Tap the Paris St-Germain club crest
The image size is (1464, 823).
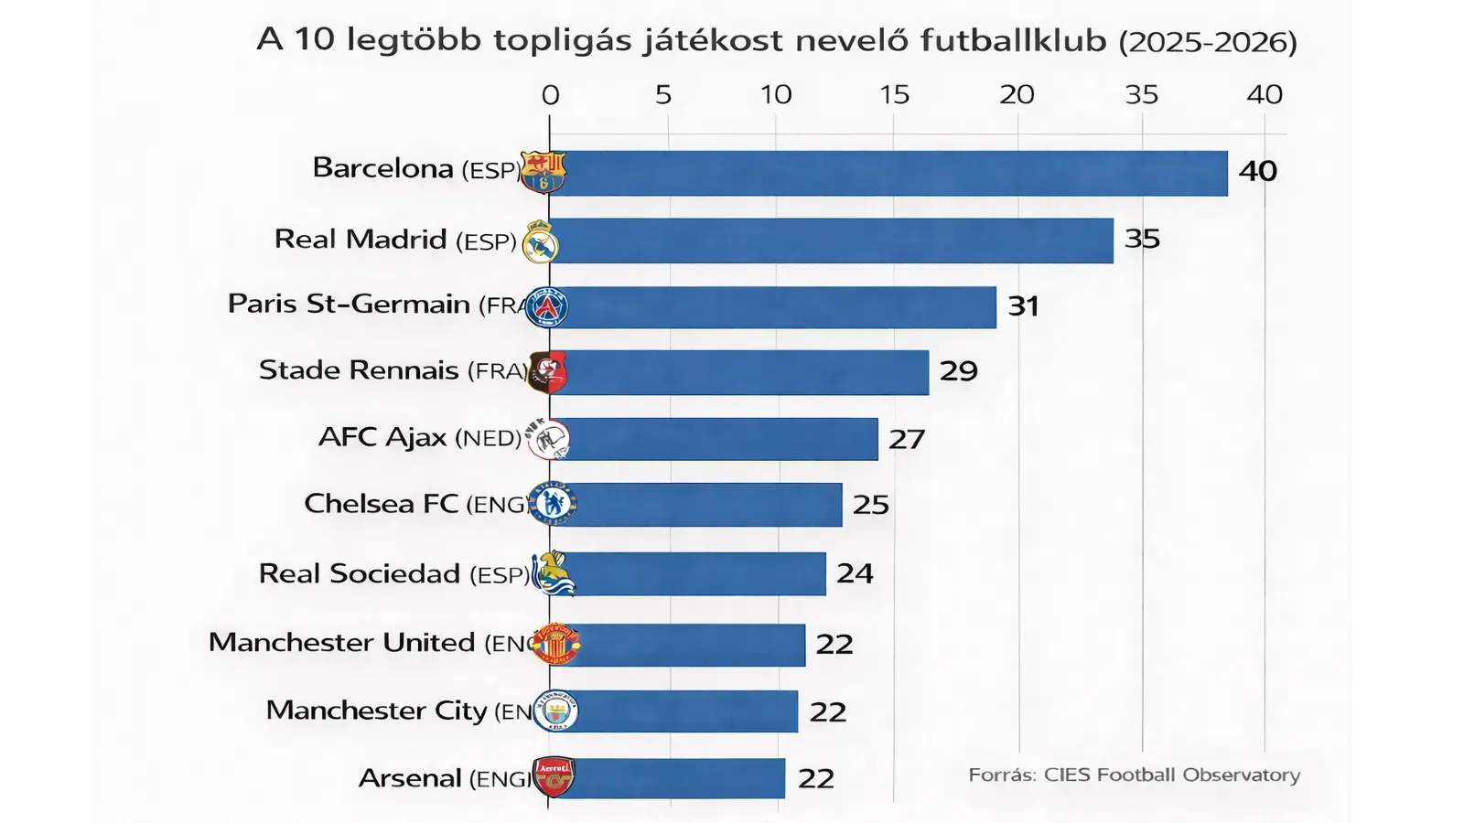pyautogui.click(x=547, y=306)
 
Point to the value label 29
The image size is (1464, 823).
pyautogui.click(x=958, y=371)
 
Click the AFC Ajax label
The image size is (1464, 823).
pyautogui.click(x=420, y=437)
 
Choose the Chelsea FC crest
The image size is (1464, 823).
pyautogui.click(x=553, y=503)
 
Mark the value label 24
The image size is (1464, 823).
pyautogui.click(x=855, y=573)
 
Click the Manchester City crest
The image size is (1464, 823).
pyautogui.click(x=556, y=711)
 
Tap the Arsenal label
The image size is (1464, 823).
pyautogui.click(x=444, y=778)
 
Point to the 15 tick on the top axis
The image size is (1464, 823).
pyautogui.click(x=894, y=94)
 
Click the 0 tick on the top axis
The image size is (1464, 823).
pyautogui.click(x=550, y=94)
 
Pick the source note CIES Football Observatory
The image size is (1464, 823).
pyautogui.click(x=1134, y=775)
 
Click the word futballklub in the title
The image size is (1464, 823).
pyautogui.click(x=1013, y=40)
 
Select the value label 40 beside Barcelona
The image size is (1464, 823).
pyautogui.click(x=1257, y=171)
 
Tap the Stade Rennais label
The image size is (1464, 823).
pyautogui.click(x=393, y=370)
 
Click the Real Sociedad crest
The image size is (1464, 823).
pyautogui.click(x=553, y=574)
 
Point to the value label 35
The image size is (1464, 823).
pyautogui.click(x=1142, y=239)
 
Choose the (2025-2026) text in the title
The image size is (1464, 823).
pyautogui.click(x=1208, y=42)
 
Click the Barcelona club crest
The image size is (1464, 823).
pyautogui.click(x=544, y=172)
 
